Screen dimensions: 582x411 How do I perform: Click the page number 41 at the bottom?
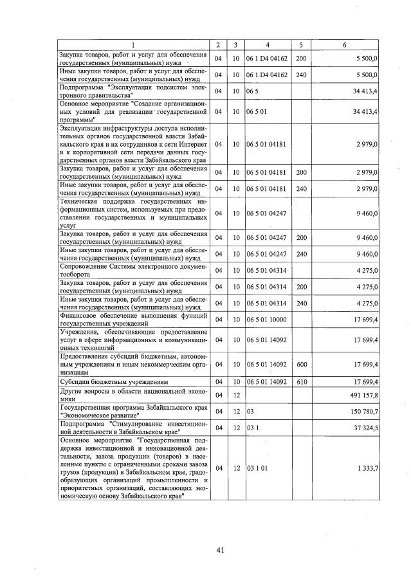click(x=220, y=550)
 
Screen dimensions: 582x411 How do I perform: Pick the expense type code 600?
click(x=300, y=364)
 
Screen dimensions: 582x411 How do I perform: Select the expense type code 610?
click(x=300, y=381)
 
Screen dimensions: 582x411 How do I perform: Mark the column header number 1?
click(x=134, y=44)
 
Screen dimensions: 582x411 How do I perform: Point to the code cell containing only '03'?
click(x=251, y=411)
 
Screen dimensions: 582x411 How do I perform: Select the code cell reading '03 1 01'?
click(x=257, y=468)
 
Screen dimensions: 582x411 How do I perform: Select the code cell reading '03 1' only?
click(x=253, y=428)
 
